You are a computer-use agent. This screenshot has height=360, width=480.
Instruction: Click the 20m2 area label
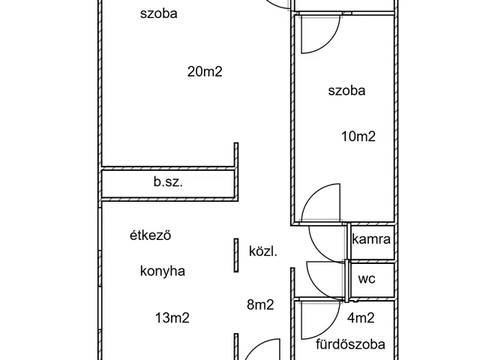[205, 72]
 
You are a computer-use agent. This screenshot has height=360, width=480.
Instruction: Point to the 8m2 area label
[260, 304]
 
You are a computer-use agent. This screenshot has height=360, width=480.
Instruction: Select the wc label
[367, 279]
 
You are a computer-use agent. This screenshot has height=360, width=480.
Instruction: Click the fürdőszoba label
[350, 345]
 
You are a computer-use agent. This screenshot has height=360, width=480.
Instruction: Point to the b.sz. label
[169, 182]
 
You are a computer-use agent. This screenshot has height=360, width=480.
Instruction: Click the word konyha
[162, 271]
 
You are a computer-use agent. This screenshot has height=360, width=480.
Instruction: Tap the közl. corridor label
[263, 251]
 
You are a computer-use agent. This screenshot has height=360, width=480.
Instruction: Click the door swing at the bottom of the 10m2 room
[322, 202]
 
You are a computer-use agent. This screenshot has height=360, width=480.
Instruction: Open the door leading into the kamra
[327, 241]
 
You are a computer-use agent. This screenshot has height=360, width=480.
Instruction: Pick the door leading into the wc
[325, 279]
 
